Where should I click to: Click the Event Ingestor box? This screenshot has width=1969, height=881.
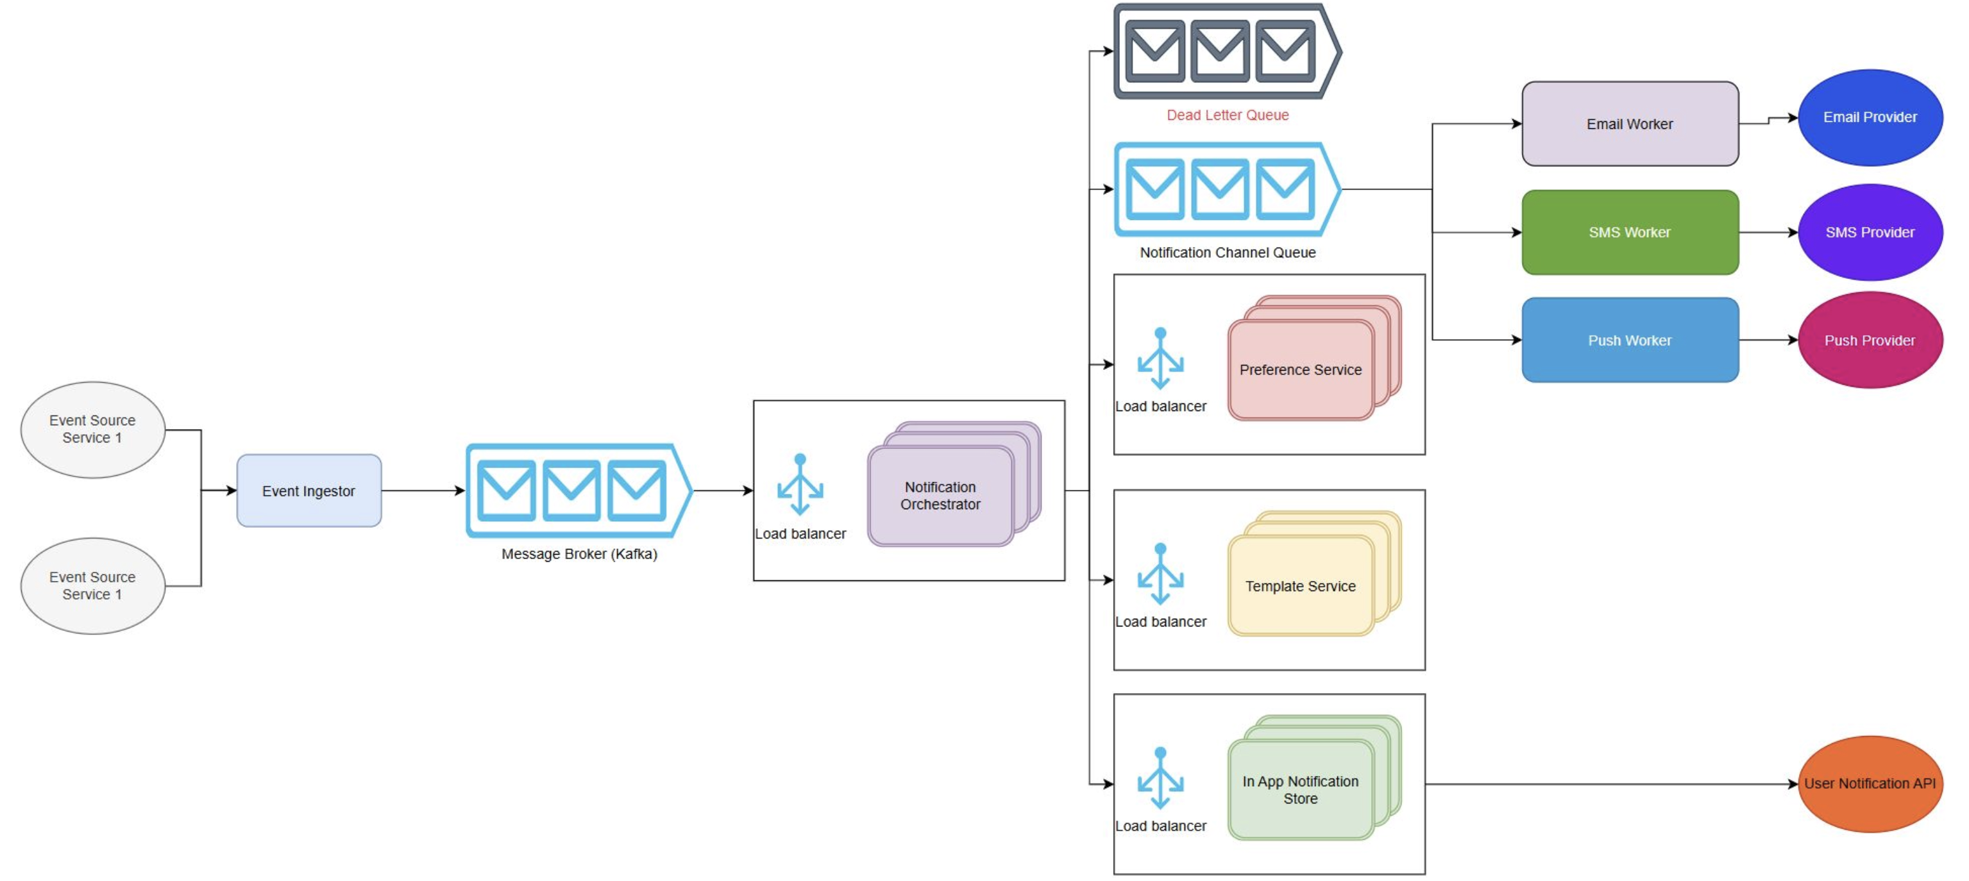[308, 491]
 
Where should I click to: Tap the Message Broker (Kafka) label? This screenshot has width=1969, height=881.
[579, 553]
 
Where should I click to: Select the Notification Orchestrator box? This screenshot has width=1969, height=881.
[940, 496]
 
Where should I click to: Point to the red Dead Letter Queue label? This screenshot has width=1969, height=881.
[1227, 115]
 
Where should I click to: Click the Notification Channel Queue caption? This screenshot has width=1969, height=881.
[1227, 252]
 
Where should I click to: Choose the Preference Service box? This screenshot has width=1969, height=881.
[1299, 370]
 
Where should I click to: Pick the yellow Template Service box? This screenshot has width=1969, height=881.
[1299, 586]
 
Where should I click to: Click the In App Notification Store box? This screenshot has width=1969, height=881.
[1299, 789]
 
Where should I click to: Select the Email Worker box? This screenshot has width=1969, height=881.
[1630, 124]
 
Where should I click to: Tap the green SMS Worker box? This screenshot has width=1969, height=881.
[1630, 232]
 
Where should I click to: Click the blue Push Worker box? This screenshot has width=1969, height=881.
[1630, 340]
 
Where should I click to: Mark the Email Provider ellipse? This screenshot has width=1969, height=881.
[1870, 117]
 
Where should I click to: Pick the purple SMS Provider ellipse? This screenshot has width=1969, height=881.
[1870, 232]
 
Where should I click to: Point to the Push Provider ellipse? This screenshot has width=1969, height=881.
[1870, 340]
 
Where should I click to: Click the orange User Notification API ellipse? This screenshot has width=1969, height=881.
[1870, 783]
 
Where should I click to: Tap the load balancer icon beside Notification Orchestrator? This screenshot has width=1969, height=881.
[800, 485]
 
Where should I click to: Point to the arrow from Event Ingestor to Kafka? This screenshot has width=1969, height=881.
[423, 491]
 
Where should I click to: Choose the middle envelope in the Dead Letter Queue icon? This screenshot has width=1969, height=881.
[1219, 51]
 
